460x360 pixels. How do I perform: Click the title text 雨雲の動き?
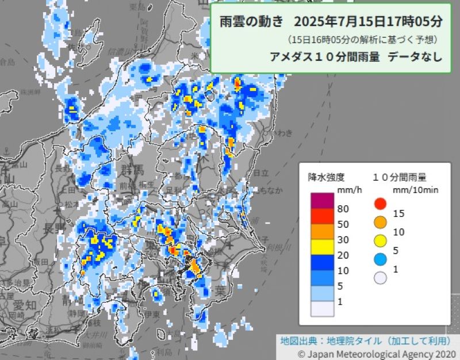pos(252,22)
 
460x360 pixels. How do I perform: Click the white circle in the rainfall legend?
pos(379,278)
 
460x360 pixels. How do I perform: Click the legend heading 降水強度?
pos(326,177)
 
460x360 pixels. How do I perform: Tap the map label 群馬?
pos(132,170)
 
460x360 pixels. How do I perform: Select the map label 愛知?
pos(24,304)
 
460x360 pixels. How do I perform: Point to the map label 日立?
pos(261,173)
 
